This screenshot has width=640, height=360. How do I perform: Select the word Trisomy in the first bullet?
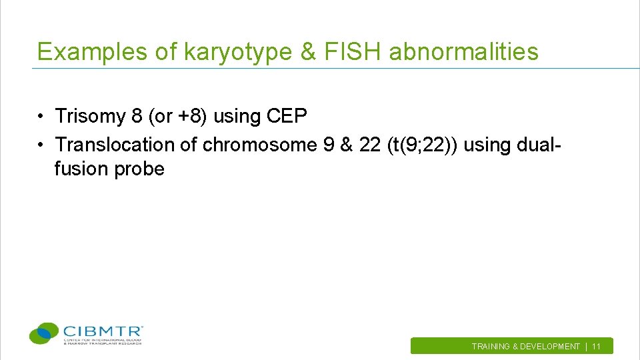pos(91,116)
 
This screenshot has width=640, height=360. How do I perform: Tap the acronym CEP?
pos(286,116)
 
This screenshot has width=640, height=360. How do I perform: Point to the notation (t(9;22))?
pos(421,144)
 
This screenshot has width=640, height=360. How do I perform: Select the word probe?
pos(139,169)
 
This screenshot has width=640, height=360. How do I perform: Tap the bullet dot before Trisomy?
pos(41,117)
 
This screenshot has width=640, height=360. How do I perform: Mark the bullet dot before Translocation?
pos(41,145)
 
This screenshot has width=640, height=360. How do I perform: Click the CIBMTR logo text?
pos(103,331)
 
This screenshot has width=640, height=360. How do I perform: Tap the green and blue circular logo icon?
pos(45,333)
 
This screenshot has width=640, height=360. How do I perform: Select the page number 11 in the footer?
pos(596,347)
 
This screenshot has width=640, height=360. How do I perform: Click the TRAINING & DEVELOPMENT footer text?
pos(525,347)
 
